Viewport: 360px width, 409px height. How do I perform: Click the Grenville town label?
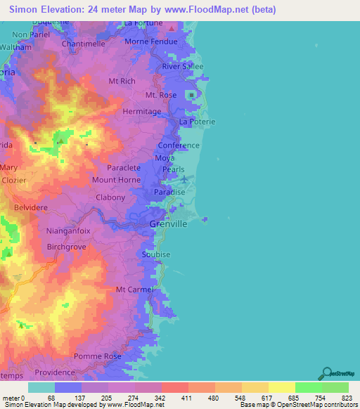point(169,224)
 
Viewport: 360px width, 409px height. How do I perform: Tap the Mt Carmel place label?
point(134,289)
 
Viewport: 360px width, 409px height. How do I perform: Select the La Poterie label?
point(197,122)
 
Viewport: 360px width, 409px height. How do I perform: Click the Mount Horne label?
point(116,180)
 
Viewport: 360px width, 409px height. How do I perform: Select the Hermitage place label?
point(142,111)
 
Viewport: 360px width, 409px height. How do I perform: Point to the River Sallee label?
point(183,66)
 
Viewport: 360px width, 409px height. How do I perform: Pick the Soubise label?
point(156,254)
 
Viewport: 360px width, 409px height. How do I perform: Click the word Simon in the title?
point(25,10)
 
